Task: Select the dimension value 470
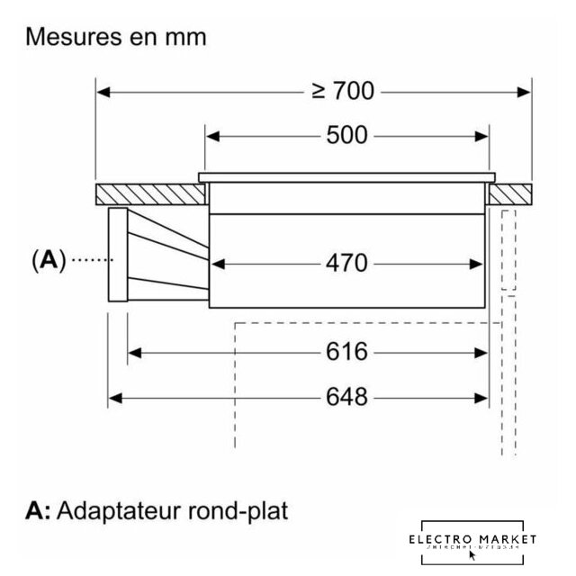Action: (346, 263)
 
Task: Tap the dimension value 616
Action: (346, 352)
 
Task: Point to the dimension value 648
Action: (346, 396)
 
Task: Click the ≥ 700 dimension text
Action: (343, 91)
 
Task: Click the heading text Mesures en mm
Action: (116, 38)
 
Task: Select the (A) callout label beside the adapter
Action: (49, 260)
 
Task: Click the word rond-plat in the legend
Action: (240, 512)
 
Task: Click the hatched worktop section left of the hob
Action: (148, 193)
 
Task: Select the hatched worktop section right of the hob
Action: (510, 193)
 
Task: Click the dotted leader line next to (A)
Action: (89, 260)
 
